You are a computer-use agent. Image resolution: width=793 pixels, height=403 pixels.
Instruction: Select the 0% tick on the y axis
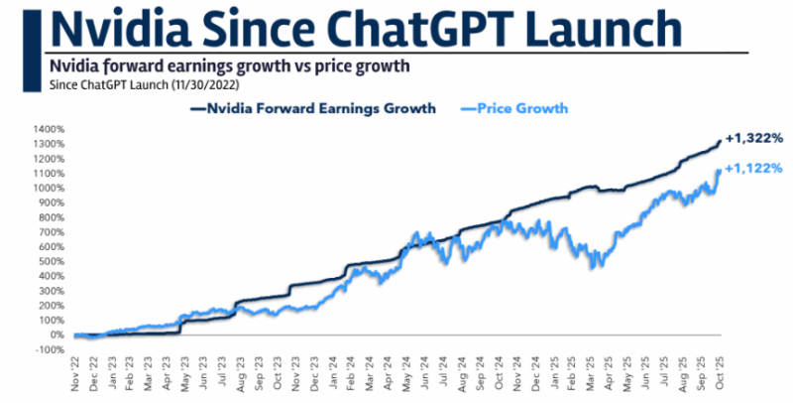[56, 335]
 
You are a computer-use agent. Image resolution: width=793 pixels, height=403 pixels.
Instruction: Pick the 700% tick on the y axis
[52, 232]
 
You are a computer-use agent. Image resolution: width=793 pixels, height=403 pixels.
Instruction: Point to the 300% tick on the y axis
[52, 291]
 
